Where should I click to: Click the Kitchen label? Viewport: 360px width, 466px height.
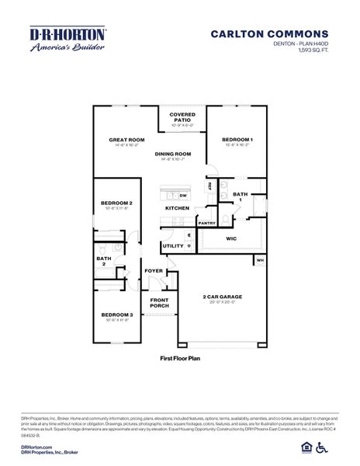tap(177, 209)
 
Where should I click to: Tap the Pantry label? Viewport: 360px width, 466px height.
tap(206, 224)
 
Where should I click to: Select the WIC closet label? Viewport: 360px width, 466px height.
tap(231, 239)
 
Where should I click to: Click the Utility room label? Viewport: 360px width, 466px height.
tap(172, 246)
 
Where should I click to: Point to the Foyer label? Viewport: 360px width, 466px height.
tap(154, 271)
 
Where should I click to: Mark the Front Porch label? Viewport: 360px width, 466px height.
tap(159, 304)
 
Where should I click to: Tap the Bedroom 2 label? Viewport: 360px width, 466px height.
tap(116, 203)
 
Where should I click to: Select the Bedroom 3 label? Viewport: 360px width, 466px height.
tap(116, 315)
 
